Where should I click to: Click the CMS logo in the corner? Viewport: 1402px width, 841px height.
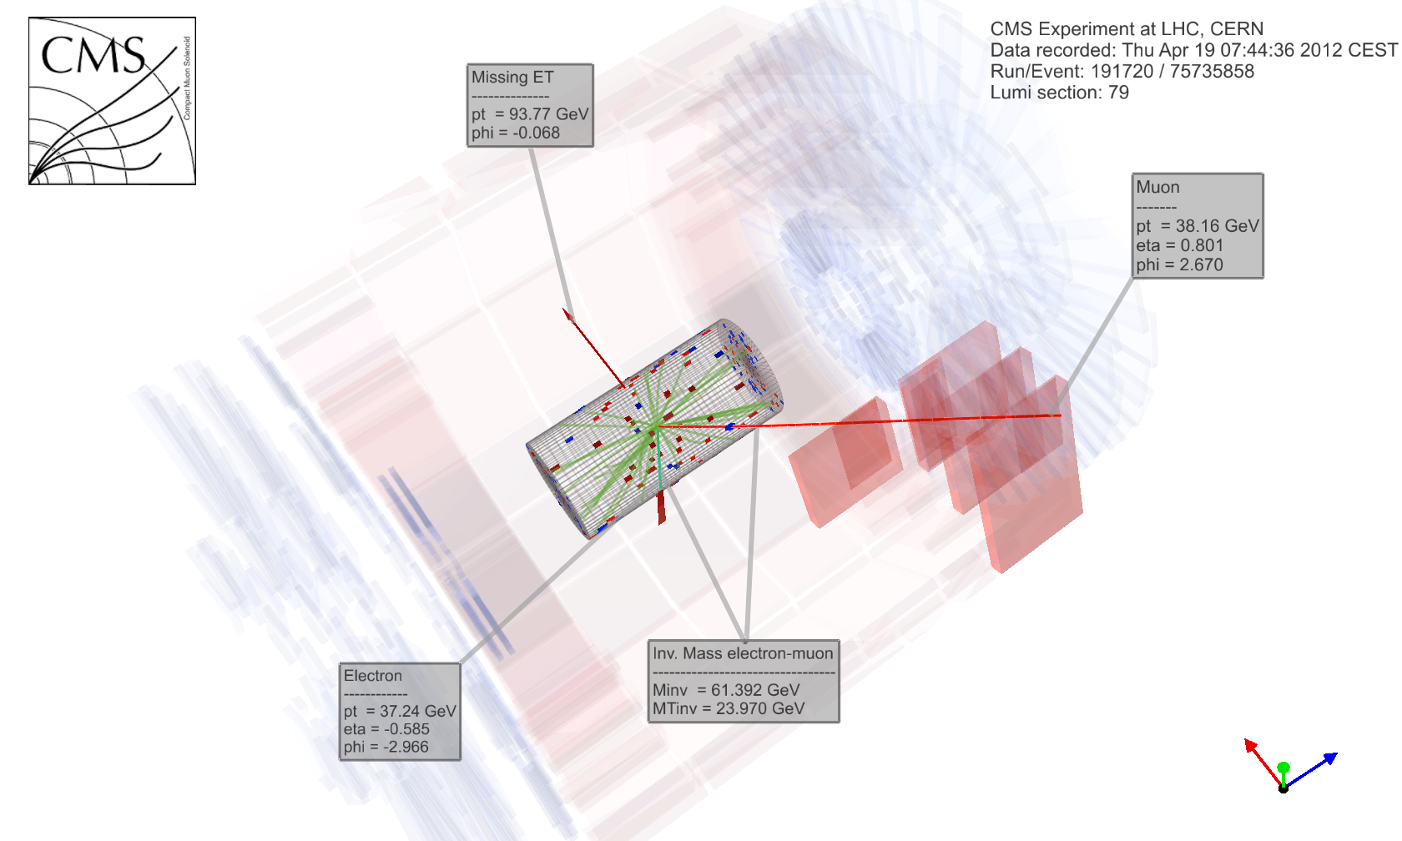point(112,101)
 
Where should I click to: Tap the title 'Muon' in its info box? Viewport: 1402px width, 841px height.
point(1158,187)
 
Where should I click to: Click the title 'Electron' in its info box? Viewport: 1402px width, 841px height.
point(373,676)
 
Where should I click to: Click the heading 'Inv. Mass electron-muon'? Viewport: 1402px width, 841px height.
point(743,653)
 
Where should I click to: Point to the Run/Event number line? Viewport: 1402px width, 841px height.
point(1122,72)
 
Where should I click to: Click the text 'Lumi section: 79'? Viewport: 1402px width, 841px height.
point(1060,93)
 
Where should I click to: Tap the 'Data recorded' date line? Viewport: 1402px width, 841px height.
point(1194,50)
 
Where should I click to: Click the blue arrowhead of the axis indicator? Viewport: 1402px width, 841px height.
point(1330,758)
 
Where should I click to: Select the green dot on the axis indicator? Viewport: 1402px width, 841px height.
point(1283,768)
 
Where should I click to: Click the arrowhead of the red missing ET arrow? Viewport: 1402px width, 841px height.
point(567,314)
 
